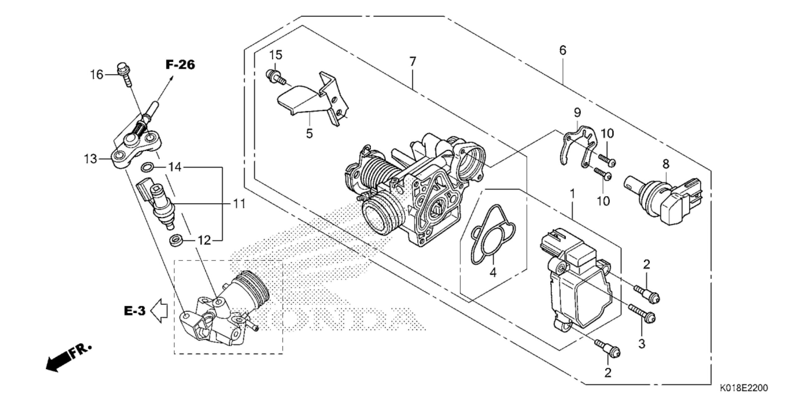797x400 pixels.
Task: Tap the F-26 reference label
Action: [180, 65]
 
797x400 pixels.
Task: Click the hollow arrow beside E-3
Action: [159, 310]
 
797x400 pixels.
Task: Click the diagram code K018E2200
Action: [747, 388]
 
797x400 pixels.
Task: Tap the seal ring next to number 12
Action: [176, 240]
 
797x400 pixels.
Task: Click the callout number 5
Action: [309, 134]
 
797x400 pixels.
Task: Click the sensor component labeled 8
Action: [663, 201]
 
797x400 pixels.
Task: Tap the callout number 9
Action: [577, 112]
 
